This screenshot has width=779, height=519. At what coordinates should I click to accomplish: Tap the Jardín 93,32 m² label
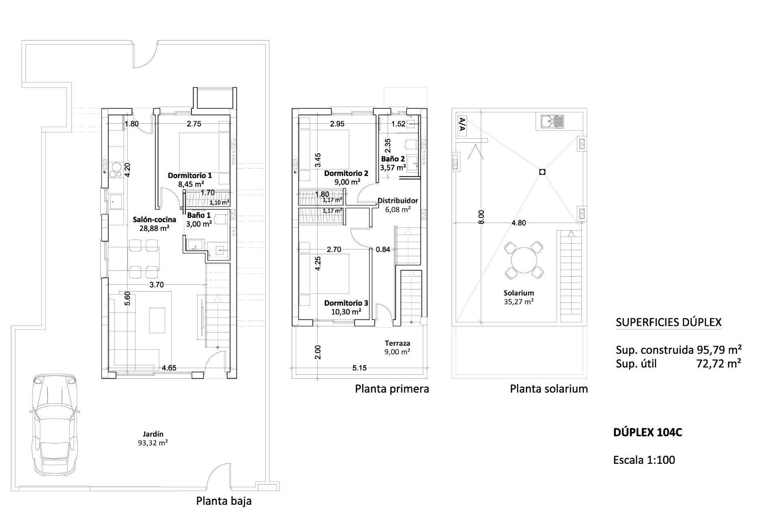tap(153, 438)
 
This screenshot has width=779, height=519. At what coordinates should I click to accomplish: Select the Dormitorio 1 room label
tap(189, 176)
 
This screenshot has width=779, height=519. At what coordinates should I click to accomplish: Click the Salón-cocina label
tap(154, 219)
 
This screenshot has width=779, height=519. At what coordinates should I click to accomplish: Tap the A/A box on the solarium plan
tap(461, 125)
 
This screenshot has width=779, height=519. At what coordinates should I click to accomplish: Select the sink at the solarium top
tap(552, 121)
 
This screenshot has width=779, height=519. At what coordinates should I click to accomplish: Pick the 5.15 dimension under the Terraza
tap(359, 368)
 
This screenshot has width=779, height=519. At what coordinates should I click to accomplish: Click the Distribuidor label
tap(397, 200)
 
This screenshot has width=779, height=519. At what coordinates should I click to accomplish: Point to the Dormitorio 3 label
tap(346, 303)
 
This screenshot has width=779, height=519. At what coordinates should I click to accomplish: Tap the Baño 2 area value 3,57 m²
tap(393, 167)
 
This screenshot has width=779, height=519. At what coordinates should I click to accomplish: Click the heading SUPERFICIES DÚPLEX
tap(668, 322)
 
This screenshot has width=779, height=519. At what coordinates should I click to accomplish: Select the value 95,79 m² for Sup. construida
tap(719, 350)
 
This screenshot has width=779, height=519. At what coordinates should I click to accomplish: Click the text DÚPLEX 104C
tap(648, 432)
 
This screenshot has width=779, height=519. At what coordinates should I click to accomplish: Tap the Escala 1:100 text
tap(644, 460)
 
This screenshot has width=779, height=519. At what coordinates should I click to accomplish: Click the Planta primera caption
tap(392, 389)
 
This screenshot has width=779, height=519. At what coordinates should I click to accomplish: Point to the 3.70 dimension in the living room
tap(157, 285)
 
